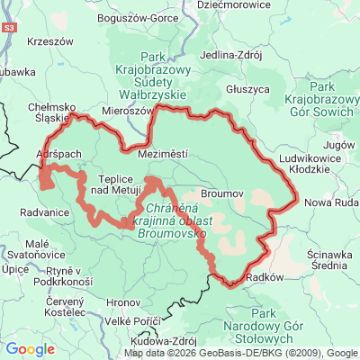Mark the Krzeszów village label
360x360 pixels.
click(49, 41)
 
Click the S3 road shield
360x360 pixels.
click(8, 29)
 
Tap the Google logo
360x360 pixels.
click(30, 348)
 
